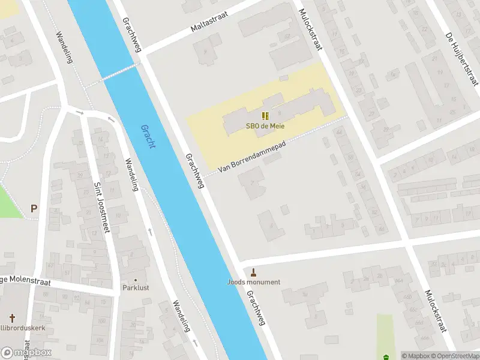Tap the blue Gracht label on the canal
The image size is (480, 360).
tap(148, 137)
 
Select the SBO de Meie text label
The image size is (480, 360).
tap(265, 126)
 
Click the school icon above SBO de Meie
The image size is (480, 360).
tap(265, 116)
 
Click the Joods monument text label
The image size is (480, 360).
tap(253, 282)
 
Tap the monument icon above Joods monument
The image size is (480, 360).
tap(253, 272)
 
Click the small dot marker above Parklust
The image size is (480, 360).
tap(135, 280)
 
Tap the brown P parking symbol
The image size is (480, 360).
tap(34, 209)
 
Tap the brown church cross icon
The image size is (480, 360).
tap(12, 317)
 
